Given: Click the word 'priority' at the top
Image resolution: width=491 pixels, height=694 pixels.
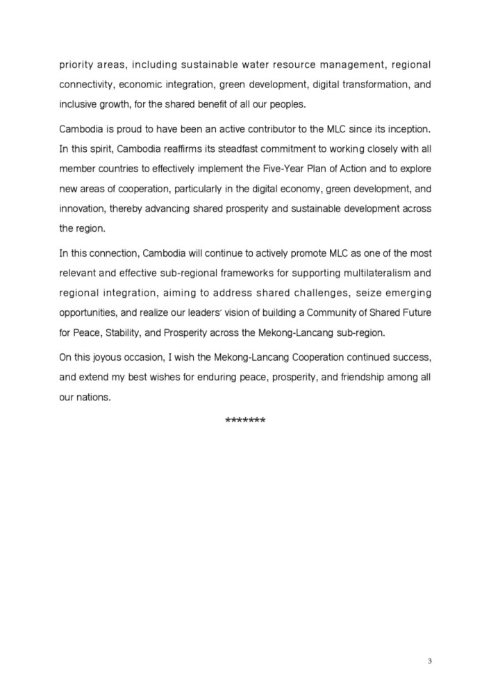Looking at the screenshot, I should (x=78, y=65).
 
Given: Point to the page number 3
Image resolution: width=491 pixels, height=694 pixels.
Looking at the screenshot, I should (x=430, y=660).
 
